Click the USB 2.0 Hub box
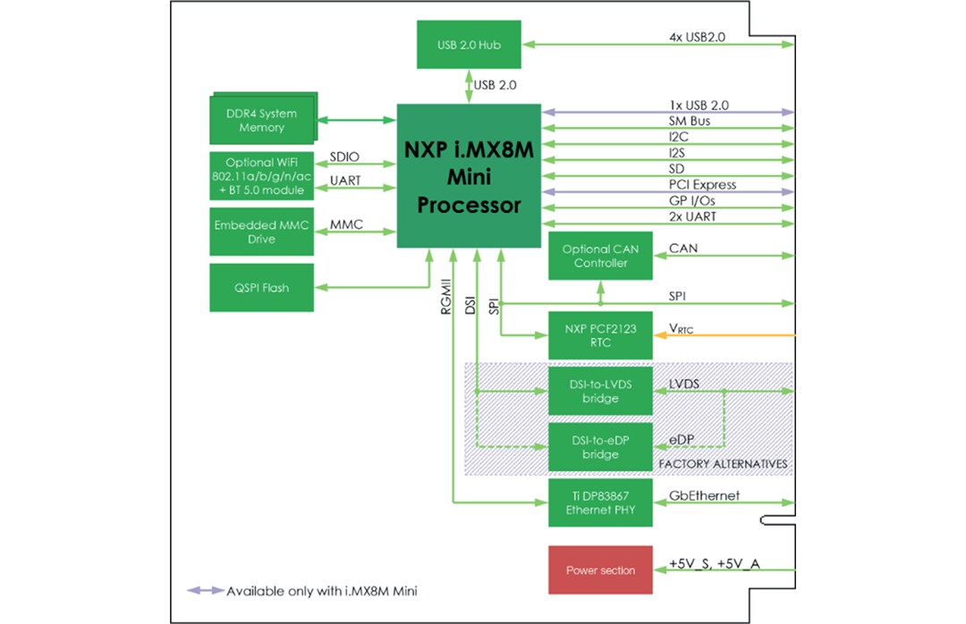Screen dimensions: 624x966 point(470,44)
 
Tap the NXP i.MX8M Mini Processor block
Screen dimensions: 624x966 point(469,177)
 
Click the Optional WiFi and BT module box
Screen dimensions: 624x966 point(261,177)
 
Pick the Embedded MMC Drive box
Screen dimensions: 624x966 point(261,232)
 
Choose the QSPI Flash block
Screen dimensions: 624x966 point(261,288)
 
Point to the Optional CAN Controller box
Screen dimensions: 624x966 point(600,257)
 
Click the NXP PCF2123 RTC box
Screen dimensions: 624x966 point(600,336)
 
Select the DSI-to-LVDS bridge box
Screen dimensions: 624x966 point(600,391)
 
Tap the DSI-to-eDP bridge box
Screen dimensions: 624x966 point(600,448)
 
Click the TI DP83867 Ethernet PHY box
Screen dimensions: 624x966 point(600,503)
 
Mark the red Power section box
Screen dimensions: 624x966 point(600,569)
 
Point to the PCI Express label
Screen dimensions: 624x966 point(703,184)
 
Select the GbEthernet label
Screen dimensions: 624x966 point(705,495)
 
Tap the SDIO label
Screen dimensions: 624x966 point(344,156)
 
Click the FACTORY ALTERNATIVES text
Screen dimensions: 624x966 point(723,464)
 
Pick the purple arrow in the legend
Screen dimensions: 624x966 point(204,591)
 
